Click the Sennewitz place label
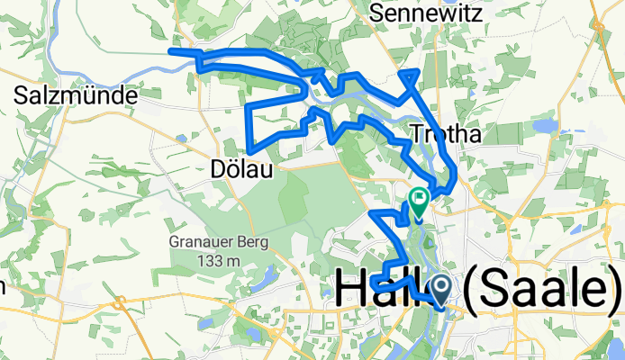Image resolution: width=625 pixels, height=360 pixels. click(426, 13)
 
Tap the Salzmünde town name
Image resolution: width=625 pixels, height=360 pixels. click(77, 94)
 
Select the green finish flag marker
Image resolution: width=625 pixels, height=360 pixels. click(419, 197)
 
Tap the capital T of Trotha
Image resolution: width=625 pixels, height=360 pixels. click(417, 134)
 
